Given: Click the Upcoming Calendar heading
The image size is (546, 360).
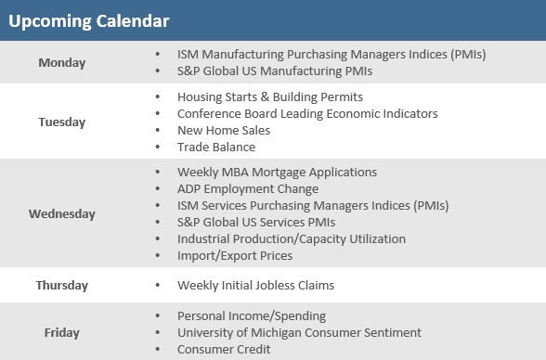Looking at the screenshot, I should (x=89, y=19).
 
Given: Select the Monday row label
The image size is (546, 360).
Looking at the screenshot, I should (x=62, y=63).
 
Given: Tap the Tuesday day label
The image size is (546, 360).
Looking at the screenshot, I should (x=62, y=122).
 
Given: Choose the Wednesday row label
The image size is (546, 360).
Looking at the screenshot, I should (x=62, y=213).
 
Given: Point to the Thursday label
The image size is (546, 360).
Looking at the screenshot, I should (x=62, y=285).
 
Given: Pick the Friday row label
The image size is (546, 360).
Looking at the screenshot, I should (x=62, y=332).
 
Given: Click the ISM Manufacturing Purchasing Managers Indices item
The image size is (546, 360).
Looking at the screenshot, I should (x=331, y=54).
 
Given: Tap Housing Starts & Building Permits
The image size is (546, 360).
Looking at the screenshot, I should (x=270, y=96).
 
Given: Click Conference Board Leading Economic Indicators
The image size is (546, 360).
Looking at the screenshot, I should (x=307, y=113).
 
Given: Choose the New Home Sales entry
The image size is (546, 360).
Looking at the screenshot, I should (x=224, y=130).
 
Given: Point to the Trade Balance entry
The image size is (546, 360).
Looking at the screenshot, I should (x=216, y=147).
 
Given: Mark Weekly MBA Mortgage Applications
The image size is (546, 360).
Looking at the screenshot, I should (x=277, y=172).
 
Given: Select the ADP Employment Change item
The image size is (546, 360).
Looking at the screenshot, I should (x=248, y=188).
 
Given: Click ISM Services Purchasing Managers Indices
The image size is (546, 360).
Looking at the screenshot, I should (x=313, y=205).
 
